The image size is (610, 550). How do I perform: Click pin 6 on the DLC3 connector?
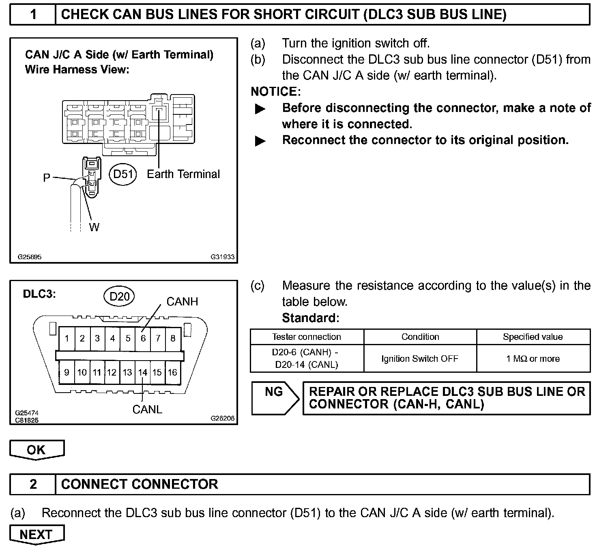[x=143, y=338]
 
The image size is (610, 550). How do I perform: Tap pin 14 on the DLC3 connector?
[x=142, y=372]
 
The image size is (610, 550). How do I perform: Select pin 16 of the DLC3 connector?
[x=172, y=372]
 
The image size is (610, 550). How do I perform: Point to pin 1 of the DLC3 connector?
[x=67, y=338]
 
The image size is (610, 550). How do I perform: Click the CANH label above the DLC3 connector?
[x=182, y=302]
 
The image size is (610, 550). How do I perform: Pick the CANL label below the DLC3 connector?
[x=147, y=410]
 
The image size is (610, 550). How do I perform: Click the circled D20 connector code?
[x=119, y=296]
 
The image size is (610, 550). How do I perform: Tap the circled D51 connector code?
[x=123, y=174]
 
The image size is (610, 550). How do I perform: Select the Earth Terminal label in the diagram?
[x=183, y=174]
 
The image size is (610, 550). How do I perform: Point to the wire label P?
[x=47, y=178]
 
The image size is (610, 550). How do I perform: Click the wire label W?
[x=94, y=227]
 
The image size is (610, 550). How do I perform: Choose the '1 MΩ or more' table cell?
[x=533, y=359]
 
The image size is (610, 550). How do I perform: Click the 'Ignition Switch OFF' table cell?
[x=420, y=359]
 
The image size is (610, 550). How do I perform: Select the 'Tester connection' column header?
[x=307, y=337]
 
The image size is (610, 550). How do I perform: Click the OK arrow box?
[x=37, y=450]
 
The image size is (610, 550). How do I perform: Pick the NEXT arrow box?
[x=37, y=535]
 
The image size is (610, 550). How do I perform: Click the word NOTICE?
[x=275, y=92]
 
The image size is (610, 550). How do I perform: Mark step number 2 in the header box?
[x=33, y=484]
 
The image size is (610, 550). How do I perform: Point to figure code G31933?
[x=222, y=257]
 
